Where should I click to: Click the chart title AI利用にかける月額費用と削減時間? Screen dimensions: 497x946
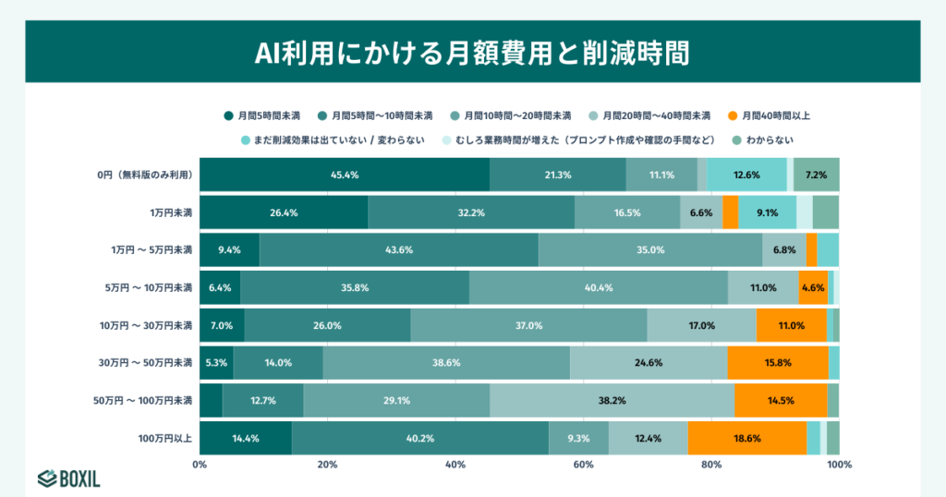472,51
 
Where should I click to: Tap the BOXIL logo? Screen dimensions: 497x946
69,479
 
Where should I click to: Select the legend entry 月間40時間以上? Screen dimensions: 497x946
768,115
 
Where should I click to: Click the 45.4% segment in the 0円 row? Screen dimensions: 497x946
345,175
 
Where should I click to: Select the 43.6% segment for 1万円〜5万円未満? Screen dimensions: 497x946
398,249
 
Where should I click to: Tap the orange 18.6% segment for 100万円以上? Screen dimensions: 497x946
746,438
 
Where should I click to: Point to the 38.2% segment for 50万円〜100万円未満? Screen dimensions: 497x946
612,400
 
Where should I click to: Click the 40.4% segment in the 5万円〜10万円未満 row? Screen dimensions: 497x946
598,287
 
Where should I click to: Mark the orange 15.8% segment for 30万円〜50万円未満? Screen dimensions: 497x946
777,363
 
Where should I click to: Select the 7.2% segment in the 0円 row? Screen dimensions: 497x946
816,175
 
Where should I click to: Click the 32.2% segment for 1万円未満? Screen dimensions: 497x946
471,212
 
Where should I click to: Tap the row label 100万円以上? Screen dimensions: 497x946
164,438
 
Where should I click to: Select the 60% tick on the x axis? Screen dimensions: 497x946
583,465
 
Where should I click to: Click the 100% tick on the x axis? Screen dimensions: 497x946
839,465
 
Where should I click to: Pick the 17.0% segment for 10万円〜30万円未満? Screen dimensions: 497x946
701,325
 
